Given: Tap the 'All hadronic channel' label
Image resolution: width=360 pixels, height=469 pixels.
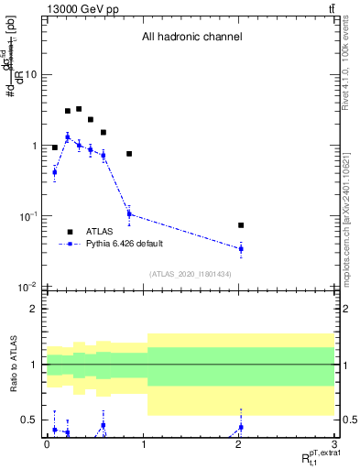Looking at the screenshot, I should point(191,38).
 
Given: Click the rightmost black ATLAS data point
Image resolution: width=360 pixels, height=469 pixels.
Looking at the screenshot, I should point(241,224).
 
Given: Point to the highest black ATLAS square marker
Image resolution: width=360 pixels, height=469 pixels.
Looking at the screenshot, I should point(79,109).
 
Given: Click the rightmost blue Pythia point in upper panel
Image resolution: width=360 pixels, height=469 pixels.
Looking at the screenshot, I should point(241,248).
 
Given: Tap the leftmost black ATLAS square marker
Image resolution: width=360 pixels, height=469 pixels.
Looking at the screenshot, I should point(55,147).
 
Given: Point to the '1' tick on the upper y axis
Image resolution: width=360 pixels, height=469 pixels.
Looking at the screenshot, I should point(34,146).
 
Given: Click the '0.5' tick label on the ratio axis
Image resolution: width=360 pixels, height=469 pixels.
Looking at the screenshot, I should point(28,420).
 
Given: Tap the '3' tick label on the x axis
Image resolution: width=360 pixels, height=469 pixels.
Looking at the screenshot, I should point(334,444).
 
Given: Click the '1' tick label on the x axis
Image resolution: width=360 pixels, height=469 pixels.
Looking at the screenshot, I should point(142,444).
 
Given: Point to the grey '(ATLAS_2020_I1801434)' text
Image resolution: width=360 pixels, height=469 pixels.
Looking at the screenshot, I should point(191,274).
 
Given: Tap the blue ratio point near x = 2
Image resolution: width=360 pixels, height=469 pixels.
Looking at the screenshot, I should point(241,427).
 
